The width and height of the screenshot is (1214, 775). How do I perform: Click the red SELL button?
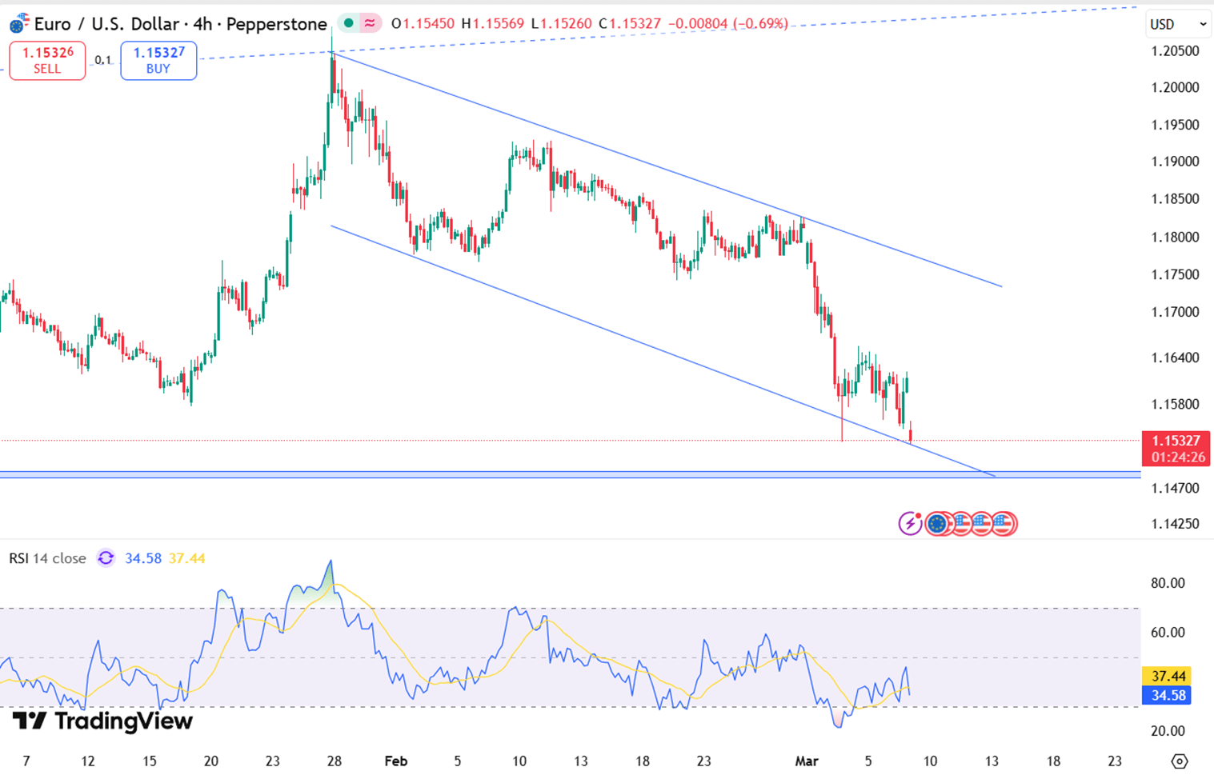click(x=47, y=61)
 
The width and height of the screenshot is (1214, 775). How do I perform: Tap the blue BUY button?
click(x=158, y=61)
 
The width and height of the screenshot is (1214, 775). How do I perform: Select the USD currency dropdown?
click(x=1177, y=24)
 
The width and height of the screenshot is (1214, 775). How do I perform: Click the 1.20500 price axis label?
click(x=1175, y=51)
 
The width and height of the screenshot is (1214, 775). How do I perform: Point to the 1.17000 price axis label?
click(x=1175, y=312)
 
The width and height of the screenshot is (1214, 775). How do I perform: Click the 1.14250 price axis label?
click(x=1175, y=524)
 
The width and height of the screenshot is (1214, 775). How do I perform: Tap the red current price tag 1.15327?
click(x=1175, y=441)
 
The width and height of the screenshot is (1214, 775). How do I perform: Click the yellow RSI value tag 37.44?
click(x=1167, y=677)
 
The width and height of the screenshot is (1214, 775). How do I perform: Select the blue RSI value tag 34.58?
click(x=1167, y=696)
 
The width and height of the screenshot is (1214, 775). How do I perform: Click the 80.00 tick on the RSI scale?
click(x=1167, y=583)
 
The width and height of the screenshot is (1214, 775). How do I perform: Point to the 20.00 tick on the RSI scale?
click(x=1167, y=731)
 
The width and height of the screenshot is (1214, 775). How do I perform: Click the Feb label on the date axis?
click(x=395, y=761)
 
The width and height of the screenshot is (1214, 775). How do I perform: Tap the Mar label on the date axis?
click(x=806, y=761)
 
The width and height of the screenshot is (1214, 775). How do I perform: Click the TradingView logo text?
click(x=103, y=721)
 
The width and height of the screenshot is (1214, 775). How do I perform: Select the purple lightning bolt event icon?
click(x=910, y=524)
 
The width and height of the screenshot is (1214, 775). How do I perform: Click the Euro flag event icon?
click(x=936, y=524)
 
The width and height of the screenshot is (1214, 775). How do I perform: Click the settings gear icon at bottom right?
click(x=1179, y=761)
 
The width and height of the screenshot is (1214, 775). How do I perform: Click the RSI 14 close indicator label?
click(x=47, y=558)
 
